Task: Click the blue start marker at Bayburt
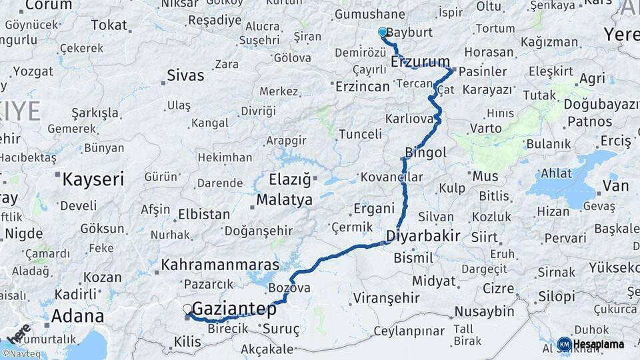click(383, 32)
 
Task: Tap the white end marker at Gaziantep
click(187, 309)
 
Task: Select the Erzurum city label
click(421, 62)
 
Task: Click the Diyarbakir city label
click(423, 236)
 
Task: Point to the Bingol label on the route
click(425, 153)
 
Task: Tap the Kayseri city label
click(93, 179)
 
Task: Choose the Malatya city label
click(284, 200)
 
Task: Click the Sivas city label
click(185, 75)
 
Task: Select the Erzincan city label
click(362, 87)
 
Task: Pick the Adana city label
click(77, 315)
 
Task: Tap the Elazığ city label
click(290, 180)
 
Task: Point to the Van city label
click(615, 186)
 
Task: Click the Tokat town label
click(109, 25)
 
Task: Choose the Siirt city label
click(484, 237)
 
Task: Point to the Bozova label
click(289, 288)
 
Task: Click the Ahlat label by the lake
click(555, 173)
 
